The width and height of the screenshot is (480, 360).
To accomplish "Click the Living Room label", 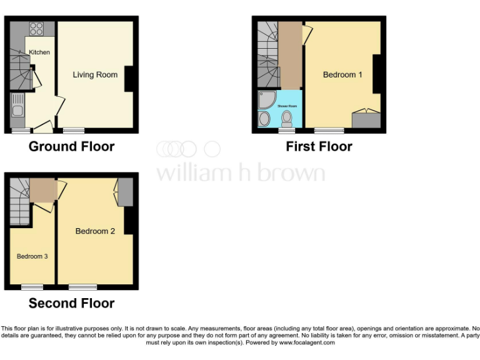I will point(95,75).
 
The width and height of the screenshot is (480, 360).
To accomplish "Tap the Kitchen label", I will point(39,52).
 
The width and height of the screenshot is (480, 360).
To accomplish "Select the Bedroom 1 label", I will point(342,75).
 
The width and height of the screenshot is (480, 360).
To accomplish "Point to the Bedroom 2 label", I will point(95,231).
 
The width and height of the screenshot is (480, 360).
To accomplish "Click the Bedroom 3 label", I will point(32,256).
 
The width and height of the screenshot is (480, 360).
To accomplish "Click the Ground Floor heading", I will point(71,147).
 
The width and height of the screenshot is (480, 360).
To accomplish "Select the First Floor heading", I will point(319,147).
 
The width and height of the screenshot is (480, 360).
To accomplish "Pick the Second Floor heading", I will point(71,304).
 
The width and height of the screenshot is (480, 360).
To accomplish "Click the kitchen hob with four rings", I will point(36,29).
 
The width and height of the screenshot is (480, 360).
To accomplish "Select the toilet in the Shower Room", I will point(287,118).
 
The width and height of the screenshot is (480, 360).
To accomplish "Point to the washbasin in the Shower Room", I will point(264,119).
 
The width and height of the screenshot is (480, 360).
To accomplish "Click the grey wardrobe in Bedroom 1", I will point(366,120).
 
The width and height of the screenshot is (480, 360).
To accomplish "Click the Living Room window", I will point(74,130).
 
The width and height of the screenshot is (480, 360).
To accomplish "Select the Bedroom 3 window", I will point(32,287).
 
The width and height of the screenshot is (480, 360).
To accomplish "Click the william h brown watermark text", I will point(240,172).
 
